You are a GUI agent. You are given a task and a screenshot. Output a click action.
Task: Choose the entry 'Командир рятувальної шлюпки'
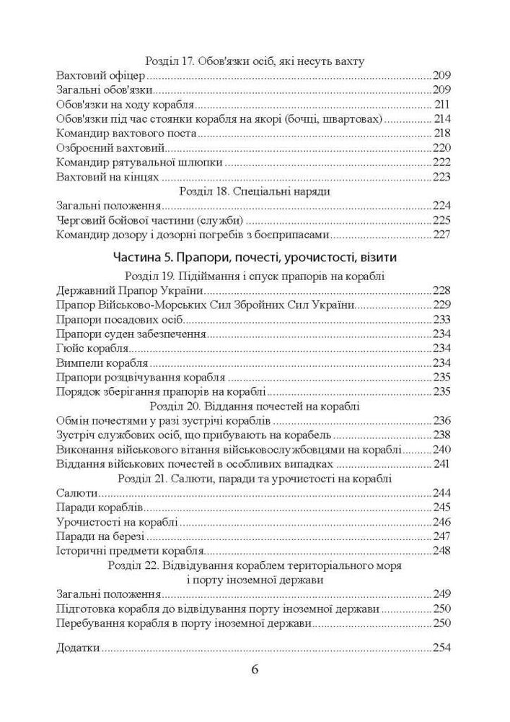pos(118,162)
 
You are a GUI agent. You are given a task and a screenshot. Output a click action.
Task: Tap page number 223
pos(441,177)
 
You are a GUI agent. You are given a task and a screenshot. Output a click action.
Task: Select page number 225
pos(441,219)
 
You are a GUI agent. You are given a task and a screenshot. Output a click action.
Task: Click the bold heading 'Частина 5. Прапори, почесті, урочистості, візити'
pos(255,257)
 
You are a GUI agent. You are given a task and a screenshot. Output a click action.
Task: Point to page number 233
pos(441,320)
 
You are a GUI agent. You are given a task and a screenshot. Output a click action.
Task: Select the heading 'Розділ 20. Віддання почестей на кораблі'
pos(254,406)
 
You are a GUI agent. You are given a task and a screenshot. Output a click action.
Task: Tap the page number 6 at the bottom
pos(255,668)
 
